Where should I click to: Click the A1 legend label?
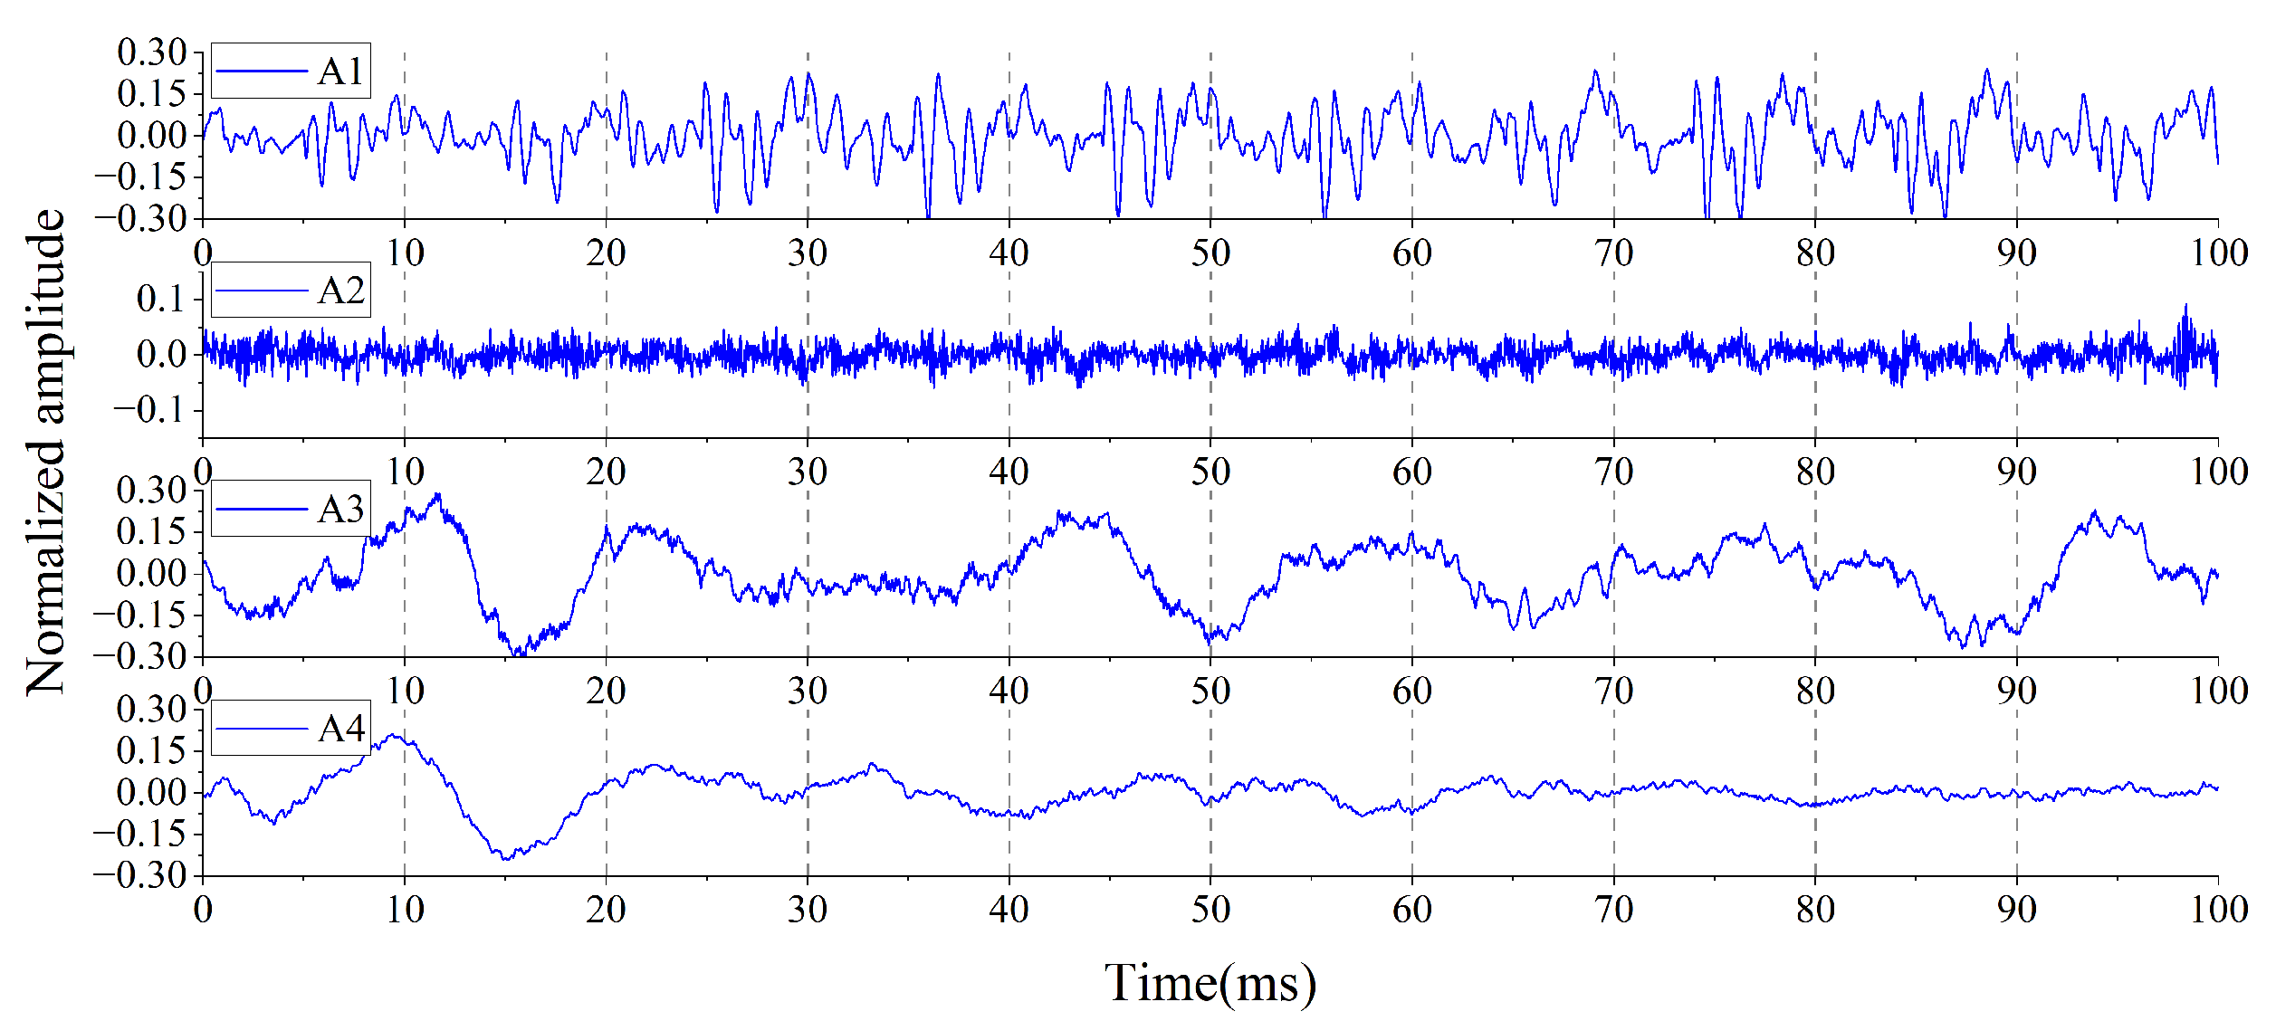click(340, 72)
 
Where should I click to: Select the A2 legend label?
click(340, 291)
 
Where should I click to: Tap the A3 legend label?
click(340, 510)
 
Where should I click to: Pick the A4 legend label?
click(340, 729)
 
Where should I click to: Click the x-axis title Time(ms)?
click(1210, 983)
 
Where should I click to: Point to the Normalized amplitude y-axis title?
click(45, 453)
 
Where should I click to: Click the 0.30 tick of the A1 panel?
click(151, 52)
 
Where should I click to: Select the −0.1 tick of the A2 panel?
click(149, 410)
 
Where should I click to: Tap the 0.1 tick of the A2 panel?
click(161, 298)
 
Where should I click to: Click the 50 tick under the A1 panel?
click(1210, 253)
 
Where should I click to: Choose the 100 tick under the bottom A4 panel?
click(2218, 909)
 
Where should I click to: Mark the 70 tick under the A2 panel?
click(1613, 472)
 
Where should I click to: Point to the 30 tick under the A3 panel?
click(807, 691)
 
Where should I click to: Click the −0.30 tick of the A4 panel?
click(140, 875)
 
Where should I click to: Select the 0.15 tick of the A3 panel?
click(151, 531)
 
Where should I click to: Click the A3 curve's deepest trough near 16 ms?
click(518, 654)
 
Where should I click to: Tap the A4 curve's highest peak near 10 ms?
click(395, 735)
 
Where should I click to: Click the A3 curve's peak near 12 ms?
click(439, 494)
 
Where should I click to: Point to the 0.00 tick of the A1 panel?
click(151, 136)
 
